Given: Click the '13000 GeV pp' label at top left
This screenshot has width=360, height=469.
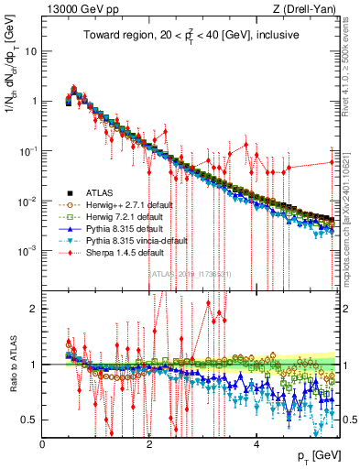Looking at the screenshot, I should point(75,9).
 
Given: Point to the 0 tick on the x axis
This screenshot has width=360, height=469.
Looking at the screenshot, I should point(43,444).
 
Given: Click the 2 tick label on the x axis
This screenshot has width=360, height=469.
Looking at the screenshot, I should point(149,444).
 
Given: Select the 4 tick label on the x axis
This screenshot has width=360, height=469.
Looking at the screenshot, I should point(256,444).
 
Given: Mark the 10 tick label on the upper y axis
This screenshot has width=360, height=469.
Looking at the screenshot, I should point(30,51).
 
